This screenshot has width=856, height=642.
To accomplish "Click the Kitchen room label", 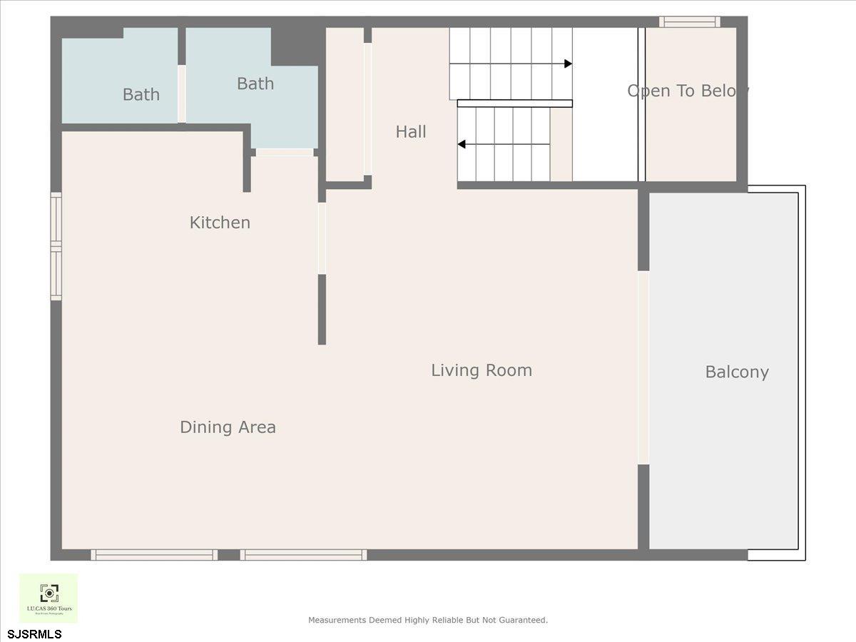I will [220, 223].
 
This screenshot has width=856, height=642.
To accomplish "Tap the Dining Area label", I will [228, 427].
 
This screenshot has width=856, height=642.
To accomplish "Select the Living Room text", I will [481, 370].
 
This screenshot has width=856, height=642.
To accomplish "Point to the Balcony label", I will [737, 372].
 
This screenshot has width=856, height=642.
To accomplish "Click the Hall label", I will [411, 132].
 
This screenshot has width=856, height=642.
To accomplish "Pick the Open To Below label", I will [688, 91].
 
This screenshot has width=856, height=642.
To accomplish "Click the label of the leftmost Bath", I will [141, 94].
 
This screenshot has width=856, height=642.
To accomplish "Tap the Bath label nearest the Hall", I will [255, 83].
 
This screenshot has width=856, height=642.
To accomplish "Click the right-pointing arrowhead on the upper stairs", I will [568, 63].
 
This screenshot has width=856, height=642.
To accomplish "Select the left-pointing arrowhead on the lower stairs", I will [462, 144].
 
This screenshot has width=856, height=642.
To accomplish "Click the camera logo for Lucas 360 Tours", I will [49, 593].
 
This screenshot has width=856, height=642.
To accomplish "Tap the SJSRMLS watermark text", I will [35, 634].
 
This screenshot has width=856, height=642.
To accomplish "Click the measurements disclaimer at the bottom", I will [428, 620].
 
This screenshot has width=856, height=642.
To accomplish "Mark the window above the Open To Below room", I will [689, 22].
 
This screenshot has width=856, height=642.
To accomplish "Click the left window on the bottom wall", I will [154, 554].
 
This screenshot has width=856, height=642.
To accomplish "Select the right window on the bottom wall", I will [304, 554].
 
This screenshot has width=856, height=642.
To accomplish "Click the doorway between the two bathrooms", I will [182, 93].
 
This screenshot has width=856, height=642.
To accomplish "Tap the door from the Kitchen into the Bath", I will [284, 152].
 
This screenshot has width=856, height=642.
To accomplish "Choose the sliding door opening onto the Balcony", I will [643, 367].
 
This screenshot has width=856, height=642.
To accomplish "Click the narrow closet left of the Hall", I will [345, 103].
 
